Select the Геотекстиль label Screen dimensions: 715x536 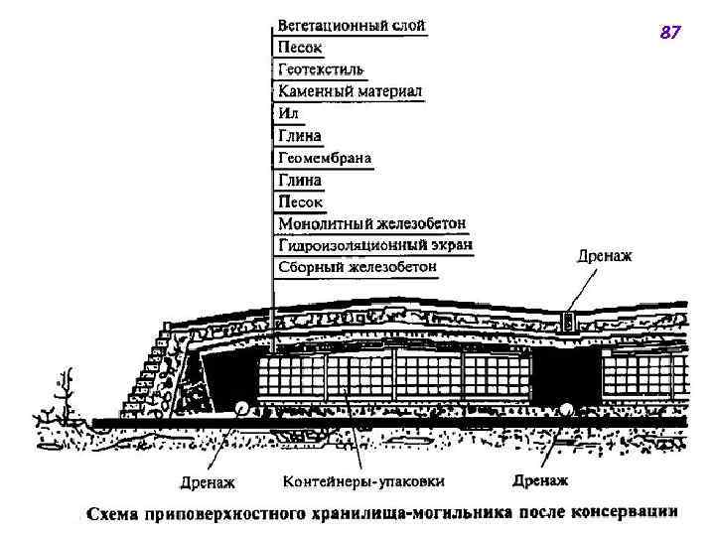pos(320,69)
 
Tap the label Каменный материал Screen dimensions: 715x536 pos(350,91)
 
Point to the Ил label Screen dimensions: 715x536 pos(287,114)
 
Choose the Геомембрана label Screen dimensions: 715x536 pos(325,158)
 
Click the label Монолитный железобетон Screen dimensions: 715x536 pos(371,223)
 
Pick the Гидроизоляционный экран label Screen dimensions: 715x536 pos(374,245)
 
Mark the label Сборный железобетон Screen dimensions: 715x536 pos(357,267)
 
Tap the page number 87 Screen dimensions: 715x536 pos(670,34)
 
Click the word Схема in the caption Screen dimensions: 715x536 pos(113,514)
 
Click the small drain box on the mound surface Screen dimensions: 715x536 pos(569,321)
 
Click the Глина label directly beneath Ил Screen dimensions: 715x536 pos(299,136)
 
